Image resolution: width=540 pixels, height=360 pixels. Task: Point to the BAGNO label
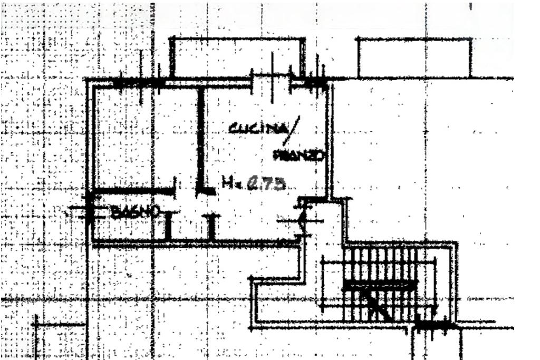(136, 212)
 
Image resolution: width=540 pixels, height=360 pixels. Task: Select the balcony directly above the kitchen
(237, 58)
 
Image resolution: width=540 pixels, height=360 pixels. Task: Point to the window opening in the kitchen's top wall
(272, 80)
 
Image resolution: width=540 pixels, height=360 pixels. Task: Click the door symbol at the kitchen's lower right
(301, 217)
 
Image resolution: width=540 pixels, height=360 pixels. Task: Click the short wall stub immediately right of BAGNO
(168, 226)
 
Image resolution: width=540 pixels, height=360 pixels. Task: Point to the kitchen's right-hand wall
(330, 140)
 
